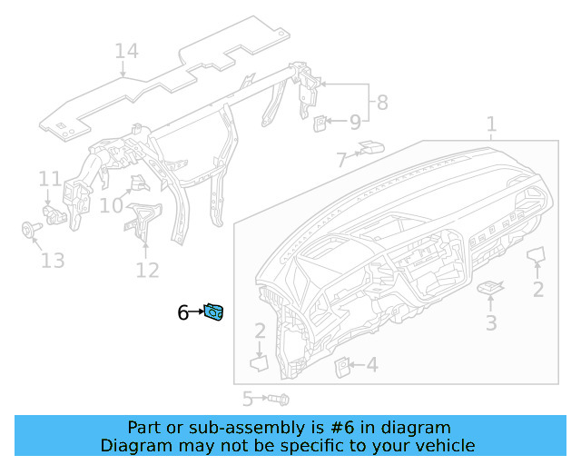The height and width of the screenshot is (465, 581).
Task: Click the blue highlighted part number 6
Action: [214, 313]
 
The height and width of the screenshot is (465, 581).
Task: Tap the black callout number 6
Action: [182, 313]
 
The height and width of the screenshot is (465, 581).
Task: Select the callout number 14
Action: [126, 51]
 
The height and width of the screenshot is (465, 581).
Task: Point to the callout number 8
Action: [381, 103]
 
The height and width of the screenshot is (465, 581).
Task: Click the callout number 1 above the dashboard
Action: [491, 124]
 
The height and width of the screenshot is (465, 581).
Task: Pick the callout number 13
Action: [53, 261]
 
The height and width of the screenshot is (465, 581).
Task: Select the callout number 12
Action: [147, 270]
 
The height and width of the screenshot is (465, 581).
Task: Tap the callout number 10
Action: [111, 206]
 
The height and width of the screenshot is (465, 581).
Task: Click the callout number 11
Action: [49, 179]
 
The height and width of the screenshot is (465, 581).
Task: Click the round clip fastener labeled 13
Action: [28, 229]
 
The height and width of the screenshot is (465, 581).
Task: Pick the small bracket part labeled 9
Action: [320, 122]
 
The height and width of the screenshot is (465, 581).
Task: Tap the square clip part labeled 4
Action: [344, 366]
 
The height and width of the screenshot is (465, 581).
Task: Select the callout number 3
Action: [490, 322]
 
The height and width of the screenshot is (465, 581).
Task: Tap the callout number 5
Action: [247, 399]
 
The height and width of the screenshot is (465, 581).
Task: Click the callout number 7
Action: [341, 161]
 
